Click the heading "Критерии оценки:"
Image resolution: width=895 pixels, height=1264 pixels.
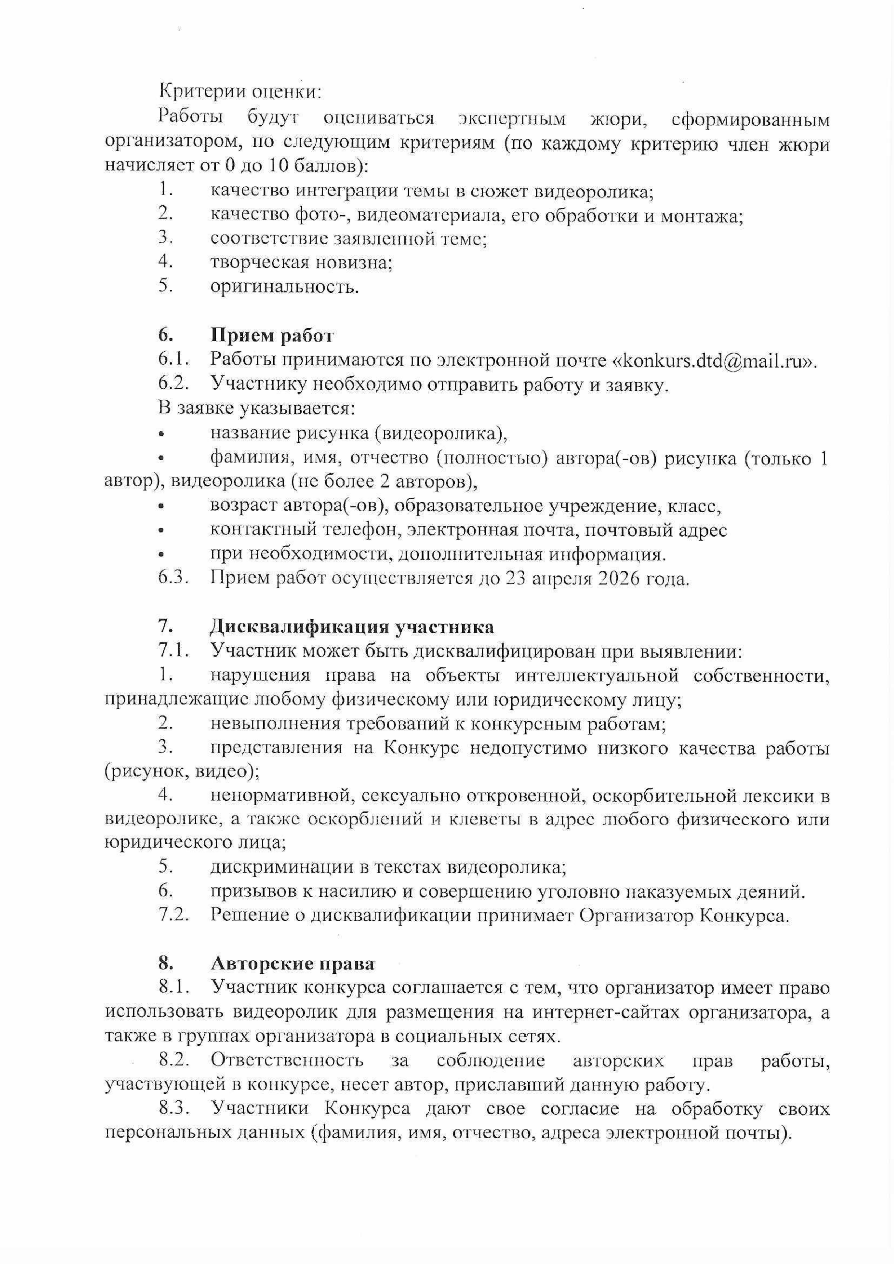[239, 92]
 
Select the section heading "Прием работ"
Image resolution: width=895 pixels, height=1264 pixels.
[272, 335]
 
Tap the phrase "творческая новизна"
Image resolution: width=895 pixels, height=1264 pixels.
[301, 263]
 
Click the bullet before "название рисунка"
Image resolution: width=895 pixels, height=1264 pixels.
[161, 435]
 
